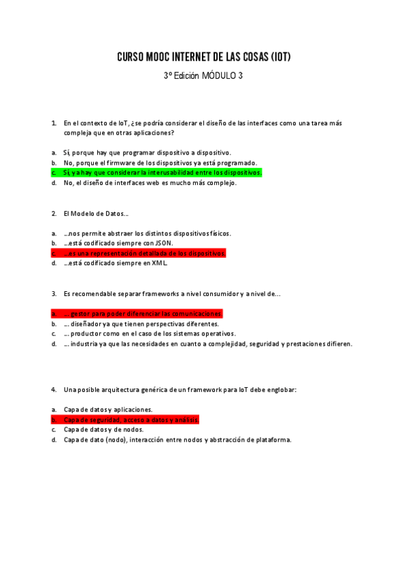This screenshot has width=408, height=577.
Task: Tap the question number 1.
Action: (x=54, y=123)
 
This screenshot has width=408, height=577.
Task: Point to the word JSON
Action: (x=163, y=243)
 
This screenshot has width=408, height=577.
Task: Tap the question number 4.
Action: (x=54, y=390)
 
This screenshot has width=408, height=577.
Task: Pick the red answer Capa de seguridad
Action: (x=131, y=420)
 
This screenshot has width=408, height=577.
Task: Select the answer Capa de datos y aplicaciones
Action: (x=108, y=410)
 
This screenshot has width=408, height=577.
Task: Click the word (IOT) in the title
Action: (x=280, y=57)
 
